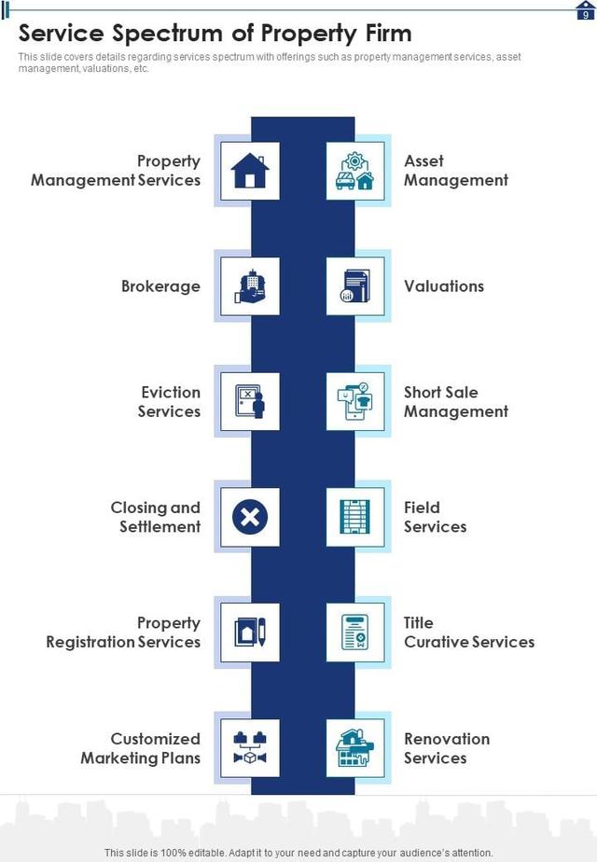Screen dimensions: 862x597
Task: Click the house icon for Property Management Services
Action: point(249,171)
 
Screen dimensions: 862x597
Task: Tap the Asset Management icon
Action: point(355,171)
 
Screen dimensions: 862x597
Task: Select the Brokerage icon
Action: point(249,286)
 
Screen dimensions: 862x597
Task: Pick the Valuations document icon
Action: point(355,286)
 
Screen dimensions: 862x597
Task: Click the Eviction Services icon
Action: point(249,402)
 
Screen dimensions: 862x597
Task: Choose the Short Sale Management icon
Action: point(355,402)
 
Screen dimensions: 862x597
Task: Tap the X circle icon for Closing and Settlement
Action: point(249,517)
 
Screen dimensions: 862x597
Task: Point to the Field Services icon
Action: point(355,517)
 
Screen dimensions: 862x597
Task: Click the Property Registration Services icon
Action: point(249,633)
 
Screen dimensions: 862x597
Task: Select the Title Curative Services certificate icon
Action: point(355,633)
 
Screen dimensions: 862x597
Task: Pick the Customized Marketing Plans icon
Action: point(249,748)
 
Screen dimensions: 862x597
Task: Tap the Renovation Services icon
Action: point(355,748)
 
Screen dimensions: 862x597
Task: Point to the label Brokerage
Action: point(160,286)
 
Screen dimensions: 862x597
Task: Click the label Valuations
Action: point(444,286)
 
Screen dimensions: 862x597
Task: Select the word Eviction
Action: point(171,393)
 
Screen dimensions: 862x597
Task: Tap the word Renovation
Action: point(447,739)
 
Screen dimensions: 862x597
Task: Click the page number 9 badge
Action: point(585,13)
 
